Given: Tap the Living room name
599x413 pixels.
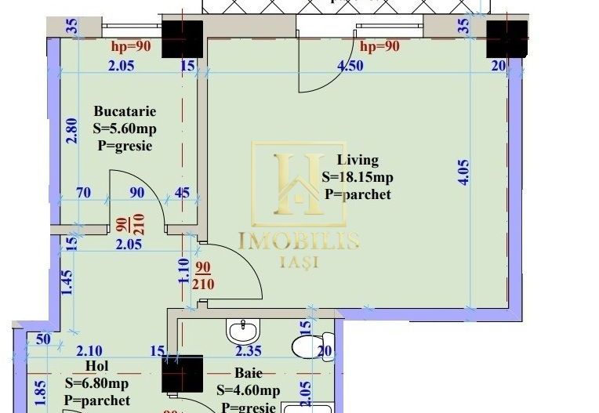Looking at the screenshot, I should tap(360, 160).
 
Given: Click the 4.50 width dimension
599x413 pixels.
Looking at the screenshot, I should tap(350, 67).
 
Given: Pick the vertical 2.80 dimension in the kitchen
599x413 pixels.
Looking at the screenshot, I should tap(71, 130).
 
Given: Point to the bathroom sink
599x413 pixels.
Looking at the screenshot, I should tap(242, 328).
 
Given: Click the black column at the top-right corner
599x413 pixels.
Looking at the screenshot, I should tap(506, 39).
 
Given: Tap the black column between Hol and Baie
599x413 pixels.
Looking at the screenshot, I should tap(183, 373).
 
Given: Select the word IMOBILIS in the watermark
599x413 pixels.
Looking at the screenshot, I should tap(298, 241).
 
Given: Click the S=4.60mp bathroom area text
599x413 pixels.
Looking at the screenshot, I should tap(248, 390).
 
